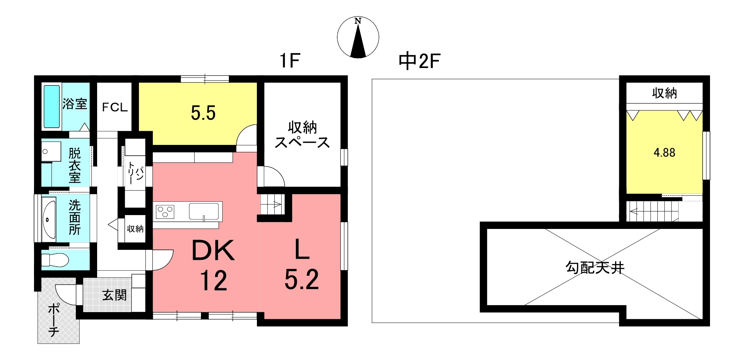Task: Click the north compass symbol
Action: click(x=358, y=37)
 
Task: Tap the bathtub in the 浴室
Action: click(x=52, y=106)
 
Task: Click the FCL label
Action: click(x=115, y=108)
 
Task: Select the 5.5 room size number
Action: click(x=203, y=113)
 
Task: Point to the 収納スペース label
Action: click(x=302, y=135)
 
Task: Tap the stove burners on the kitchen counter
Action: click(x=165, y=212)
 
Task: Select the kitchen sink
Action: click(x=204, y=211)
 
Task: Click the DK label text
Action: click(x=213, y=251)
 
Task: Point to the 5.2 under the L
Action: click(x=301, y=280)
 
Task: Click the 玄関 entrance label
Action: click(x=115, y=295)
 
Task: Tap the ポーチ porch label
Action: click(x=54, y=320)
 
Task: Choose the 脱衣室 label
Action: click(x=75, y=165)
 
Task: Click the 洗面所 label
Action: click(x=75, y=217)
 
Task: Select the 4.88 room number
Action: click(x=664, y=152)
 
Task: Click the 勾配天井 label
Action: click(x=595, y=267)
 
